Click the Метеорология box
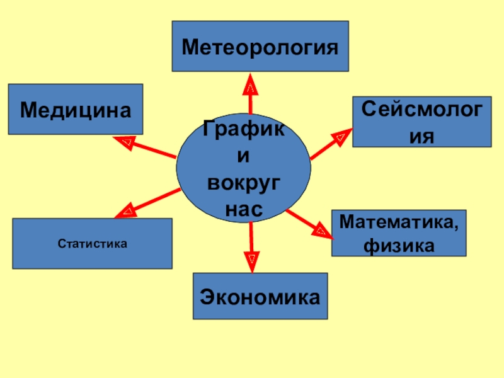coord(260,46)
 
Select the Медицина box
coord(76,109)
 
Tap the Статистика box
coord(92,243)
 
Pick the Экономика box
coord(260,296)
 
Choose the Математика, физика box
coord(399,233)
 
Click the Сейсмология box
coord(422,122)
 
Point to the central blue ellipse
coord(243,168)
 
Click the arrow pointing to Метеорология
coord(250,94)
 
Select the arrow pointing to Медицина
coord(145,147)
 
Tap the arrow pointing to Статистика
coord(147,203)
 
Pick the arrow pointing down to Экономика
coord(251,248)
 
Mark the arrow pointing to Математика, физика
coord(309,224)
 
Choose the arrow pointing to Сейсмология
coord(331,144)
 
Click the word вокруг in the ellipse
coord(244,184)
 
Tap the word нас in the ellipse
coord(244,209)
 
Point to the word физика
coord(399,246)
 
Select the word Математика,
coord(399,222)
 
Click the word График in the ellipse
coord(244,129)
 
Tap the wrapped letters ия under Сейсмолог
coord(421,136)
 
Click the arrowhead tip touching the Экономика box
coord(252,273)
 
